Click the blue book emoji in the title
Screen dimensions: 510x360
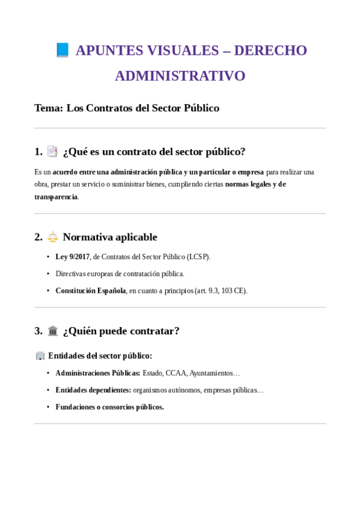tap(63, 50)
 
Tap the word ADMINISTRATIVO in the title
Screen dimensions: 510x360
tap(180, 76)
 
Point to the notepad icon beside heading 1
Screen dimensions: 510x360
tap(52, 152)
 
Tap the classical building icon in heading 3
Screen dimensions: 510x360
tap(53, 331)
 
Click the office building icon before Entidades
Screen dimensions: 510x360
tap(40, 355)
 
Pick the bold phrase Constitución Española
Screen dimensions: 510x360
tap(91, 290)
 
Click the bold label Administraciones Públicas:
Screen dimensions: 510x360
tap(98, 373)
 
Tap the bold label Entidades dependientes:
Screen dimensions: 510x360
tap(93, 390)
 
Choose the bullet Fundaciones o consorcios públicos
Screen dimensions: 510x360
tap(109, 407)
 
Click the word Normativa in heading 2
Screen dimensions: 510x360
tap(90, 237)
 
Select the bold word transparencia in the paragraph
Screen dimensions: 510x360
tap(56, 197)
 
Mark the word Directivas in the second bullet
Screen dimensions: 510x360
tap(72, 274)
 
